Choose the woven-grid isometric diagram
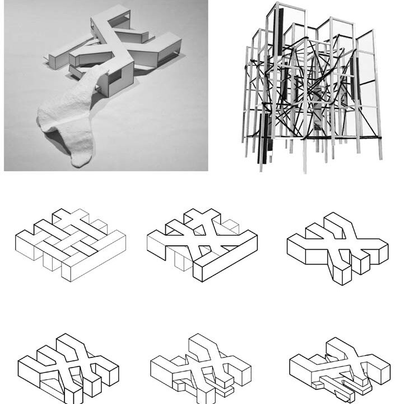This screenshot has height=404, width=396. [x=69, y=245]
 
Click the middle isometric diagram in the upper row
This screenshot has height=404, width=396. [x=202, y=245]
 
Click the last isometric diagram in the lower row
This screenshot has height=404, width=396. [x=338, y=367]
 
